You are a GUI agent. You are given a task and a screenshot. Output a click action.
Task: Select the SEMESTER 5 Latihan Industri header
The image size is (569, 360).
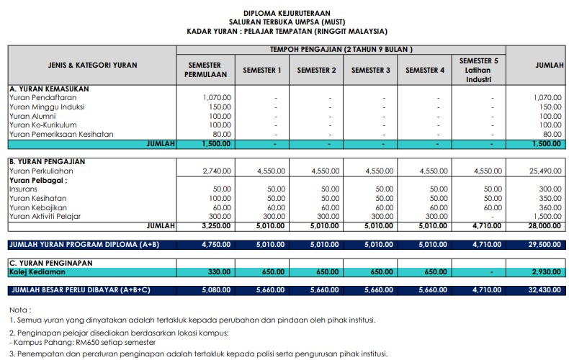click(x=478, y=70)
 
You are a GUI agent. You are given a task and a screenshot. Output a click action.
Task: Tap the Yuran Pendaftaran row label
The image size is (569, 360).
click(x=39, y=97)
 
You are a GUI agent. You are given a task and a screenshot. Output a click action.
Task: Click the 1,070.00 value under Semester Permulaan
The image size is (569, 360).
click(x=217, y=97)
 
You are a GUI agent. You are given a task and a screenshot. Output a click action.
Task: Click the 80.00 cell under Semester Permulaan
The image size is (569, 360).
click(x=221, y=135)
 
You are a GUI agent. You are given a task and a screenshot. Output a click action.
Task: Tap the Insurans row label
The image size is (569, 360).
click(x=23, y=189)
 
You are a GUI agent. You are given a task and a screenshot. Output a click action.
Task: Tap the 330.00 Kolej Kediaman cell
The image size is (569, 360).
click(x=219, y=273)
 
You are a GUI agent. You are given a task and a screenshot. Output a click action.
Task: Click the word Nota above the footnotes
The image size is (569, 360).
click(x=19, y=309)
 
